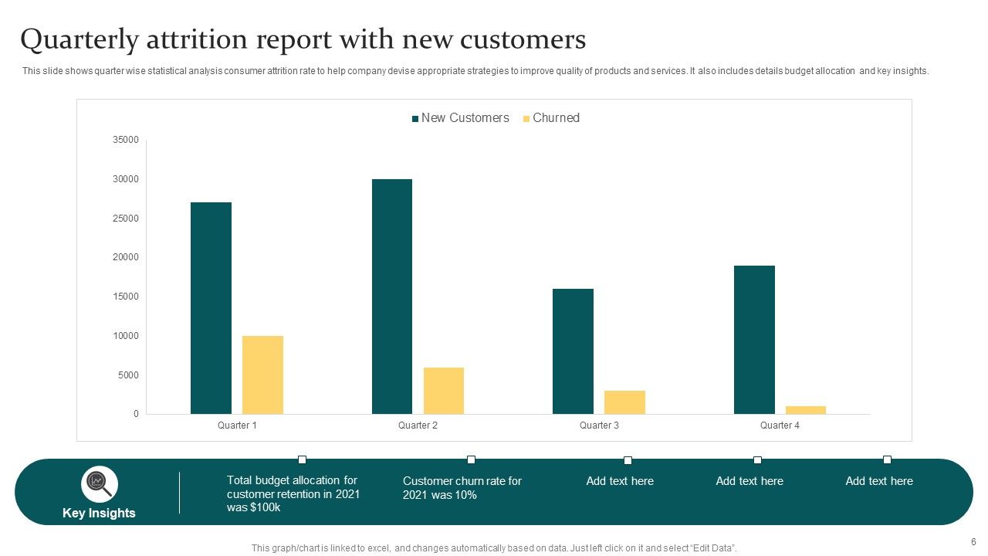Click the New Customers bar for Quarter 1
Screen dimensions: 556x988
pos(211,308)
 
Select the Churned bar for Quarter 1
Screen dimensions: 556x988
pos(262,375)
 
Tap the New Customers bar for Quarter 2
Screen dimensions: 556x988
pos(392,297)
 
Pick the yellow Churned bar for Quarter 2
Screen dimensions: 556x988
pos(444,391)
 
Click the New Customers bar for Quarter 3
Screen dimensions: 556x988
pos(573,351)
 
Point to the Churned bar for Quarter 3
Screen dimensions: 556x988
pos(624,402)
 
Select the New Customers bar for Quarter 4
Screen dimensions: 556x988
pos(754,340)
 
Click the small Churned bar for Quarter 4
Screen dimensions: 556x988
pos(806,410)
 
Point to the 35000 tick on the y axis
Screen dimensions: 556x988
pos(125,140)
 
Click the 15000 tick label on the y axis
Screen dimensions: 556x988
pos(125,297)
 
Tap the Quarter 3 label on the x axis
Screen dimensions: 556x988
pos(599,425)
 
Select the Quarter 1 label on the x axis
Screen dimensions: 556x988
pos(237,425)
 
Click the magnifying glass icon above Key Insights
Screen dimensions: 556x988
pos(99,484)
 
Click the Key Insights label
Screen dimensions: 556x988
pos(99,514)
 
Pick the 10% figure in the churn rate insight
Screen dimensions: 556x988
pos(465,495)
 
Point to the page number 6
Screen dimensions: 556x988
pos(973,542)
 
